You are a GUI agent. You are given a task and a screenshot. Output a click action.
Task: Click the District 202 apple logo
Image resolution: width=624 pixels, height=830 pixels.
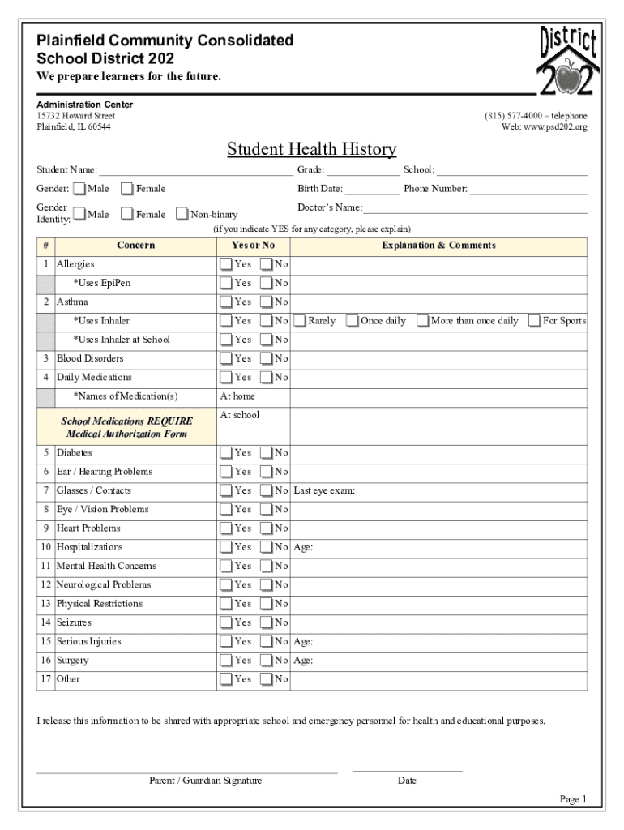568,61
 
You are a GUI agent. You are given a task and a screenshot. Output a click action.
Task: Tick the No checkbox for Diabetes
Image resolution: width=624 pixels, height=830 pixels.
266,453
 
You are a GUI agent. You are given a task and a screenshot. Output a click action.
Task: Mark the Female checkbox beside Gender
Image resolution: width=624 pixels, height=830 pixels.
127,189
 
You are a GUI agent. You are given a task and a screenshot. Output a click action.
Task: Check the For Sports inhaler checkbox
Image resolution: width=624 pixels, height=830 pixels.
534,321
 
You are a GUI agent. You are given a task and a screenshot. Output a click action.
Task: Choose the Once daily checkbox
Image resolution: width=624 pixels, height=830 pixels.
352,321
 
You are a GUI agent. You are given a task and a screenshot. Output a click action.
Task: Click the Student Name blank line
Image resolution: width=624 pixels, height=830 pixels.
195,171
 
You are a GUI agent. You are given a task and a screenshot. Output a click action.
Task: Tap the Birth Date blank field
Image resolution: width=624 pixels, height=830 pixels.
373,190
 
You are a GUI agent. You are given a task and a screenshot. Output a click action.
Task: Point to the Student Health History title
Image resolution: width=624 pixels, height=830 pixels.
311,149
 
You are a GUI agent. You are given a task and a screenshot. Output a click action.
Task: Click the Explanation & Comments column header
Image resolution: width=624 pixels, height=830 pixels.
438,246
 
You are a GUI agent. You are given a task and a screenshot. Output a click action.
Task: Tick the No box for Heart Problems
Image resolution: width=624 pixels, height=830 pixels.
266,528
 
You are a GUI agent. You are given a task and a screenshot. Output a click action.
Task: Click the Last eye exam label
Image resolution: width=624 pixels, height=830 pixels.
324,491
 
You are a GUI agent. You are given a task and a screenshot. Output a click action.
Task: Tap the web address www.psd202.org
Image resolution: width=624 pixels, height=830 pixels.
556,127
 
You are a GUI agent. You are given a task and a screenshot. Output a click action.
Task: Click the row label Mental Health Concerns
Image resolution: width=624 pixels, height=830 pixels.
106,567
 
